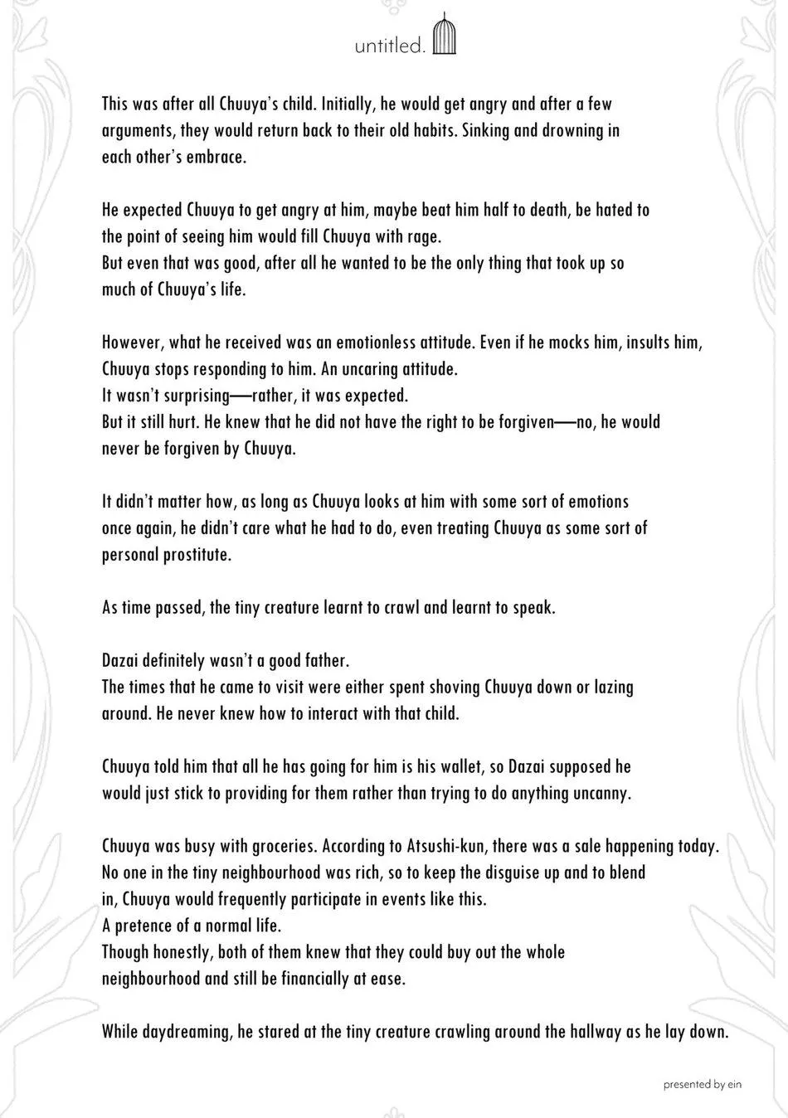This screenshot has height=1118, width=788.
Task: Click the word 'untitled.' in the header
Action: click(390, 46)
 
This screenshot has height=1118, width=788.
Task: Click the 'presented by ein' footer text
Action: click(700, 1083)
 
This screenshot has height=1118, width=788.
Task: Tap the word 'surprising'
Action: click(192, 395)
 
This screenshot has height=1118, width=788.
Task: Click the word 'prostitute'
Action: click(194, 554)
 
